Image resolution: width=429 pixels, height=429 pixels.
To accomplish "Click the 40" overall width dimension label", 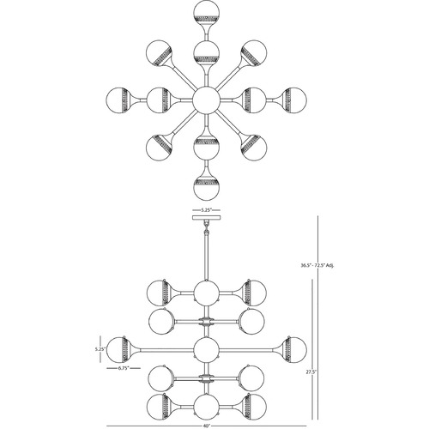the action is click(x=206, y=426).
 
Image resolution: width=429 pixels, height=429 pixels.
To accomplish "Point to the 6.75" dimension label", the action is click(x=124, y=368).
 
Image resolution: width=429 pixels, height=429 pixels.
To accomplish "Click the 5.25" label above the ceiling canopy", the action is click(x=206, y=210).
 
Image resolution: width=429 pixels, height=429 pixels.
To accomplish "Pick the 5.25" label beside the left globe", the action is click(x=100, y=349).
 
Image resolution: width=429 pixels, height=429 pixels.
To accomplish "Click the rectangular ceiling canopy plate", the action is click(x=206, y=218).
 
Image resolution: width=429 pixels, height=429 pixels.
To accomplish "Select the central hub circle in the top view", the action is click(x=206, y=100).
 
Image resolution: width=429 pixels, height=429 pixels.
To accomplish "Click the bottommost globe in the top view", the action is click(x=206, y=187).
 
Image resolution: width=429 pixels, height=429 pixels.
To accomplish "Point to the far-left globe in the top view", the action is click(x=118, y=100).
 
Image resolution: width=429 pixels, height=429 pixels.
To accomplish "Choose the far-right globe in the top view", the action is click(x=294, y=100).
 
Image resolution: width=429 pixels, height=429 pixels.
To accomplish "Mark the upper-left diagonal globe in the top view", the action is click(x=158, y=52).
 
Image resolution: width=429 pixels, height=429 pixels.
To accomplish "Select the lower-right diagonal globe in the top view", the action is click(x=254, y=148).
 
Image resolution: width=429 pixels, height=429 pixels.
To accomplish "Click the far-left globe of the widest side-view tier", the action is click(x=118, y=349).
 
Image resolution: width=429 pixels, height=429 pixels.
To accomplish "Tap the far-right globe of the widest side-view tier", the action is click(x=294, y=349).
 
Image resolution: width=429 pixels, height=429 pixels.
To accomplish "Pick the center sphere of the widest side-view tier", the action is click(x=206, y=349).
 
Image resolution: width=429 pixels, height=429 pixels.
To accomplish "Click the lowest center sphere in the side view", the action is click(x=206, y=406).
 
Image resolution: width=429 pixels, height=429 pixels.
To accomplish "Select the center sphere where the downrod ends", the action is click(x=206, y=293).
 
